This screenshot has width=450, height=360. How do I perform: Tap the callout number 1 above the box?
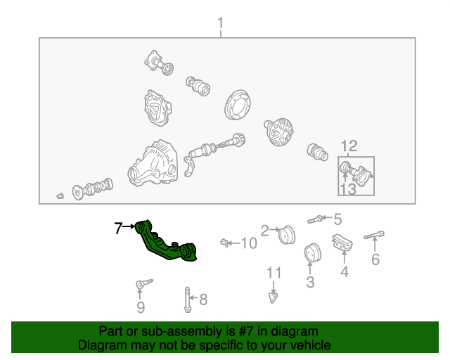(x=220, y=23)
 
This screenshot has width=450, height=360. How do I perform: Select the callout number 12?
(x=349, y=146)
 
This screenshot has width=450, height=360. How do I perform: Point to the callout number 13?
(x=348, y=189)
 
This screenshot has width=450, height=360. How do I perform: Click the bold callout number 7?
(x=119, y=229)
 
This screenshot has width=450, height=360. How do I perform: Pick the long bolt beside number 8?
(x=188, y=300)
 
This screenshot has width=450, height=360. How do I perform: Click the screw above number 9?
(x=144, y=283)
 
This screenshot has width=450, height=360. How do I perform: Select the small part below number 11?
(x=273, y=297)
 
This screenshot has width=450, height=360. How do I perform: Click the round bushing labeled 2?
(x=287, y=235)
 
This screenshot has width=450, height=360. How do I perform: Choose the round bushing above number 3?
(x=312, y=253)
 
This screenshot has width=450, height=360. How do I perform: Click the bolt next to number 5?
(x=315, y=219)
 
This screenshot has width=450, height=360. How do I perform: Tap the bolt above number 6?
(x=374, y=235)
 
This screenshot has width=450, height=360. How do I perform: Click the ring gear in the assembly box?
(x=238, y=105)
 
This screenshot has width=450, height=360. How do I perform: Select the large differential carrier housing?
(x=153, y=164)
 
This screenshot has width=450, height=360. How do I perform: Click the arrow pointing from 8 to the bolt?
(x=194, y=298)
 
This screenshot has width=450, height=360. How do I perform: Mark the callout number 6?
(x=375, y=259)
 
